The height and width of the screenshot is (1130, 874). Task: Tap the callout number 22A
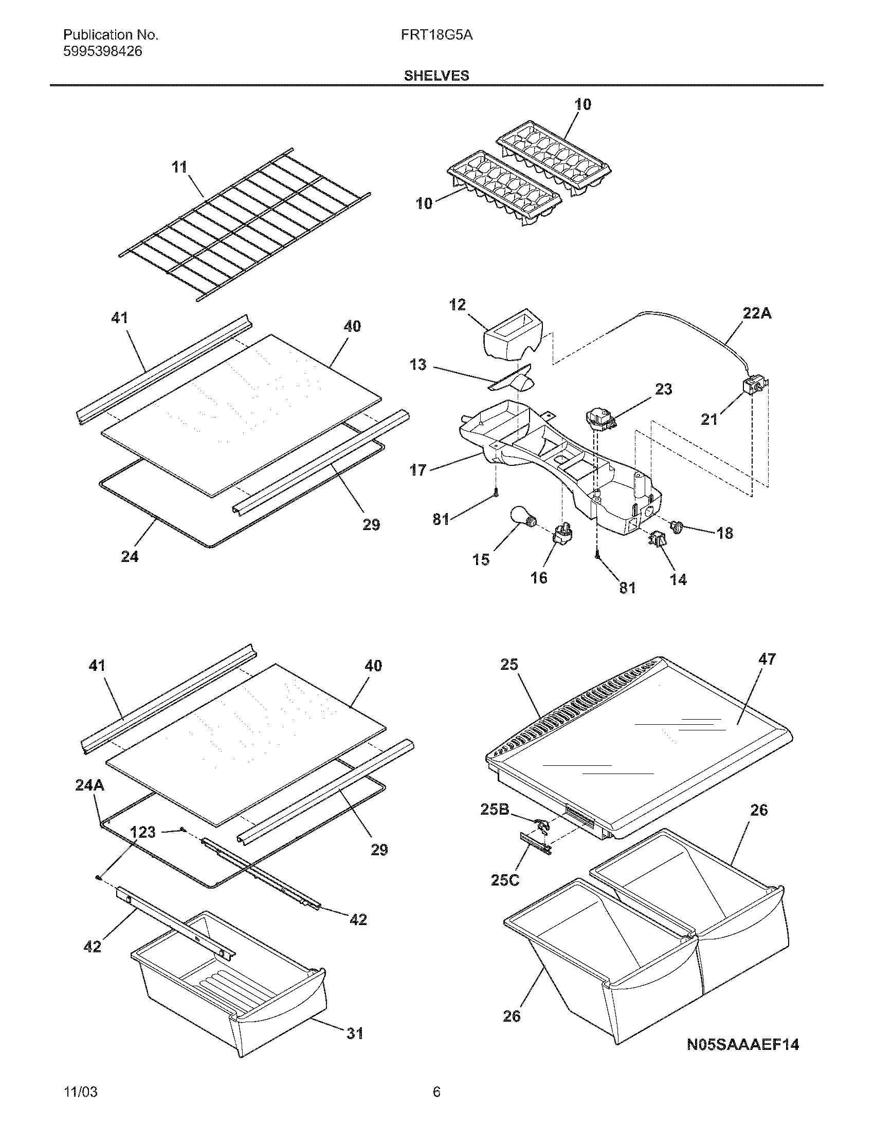tap(756, 313)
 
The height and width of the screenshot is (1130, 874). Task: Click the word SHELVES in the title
tap(436, 76)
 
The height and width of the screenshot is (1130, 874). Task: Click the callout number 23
tap(663, 389)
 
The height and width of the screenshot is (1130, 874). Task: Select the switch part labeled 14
tap(657, 541)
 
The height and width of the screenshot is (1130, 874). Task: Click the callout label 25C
tap(505, 879)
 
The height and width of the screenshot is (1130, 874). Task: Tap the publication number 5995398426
tap(102, 51)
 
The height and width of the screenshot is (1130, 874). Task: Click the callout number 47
tap(767, 659)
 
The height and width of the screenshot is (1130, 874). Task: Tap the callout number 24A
tap(89, 785)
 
